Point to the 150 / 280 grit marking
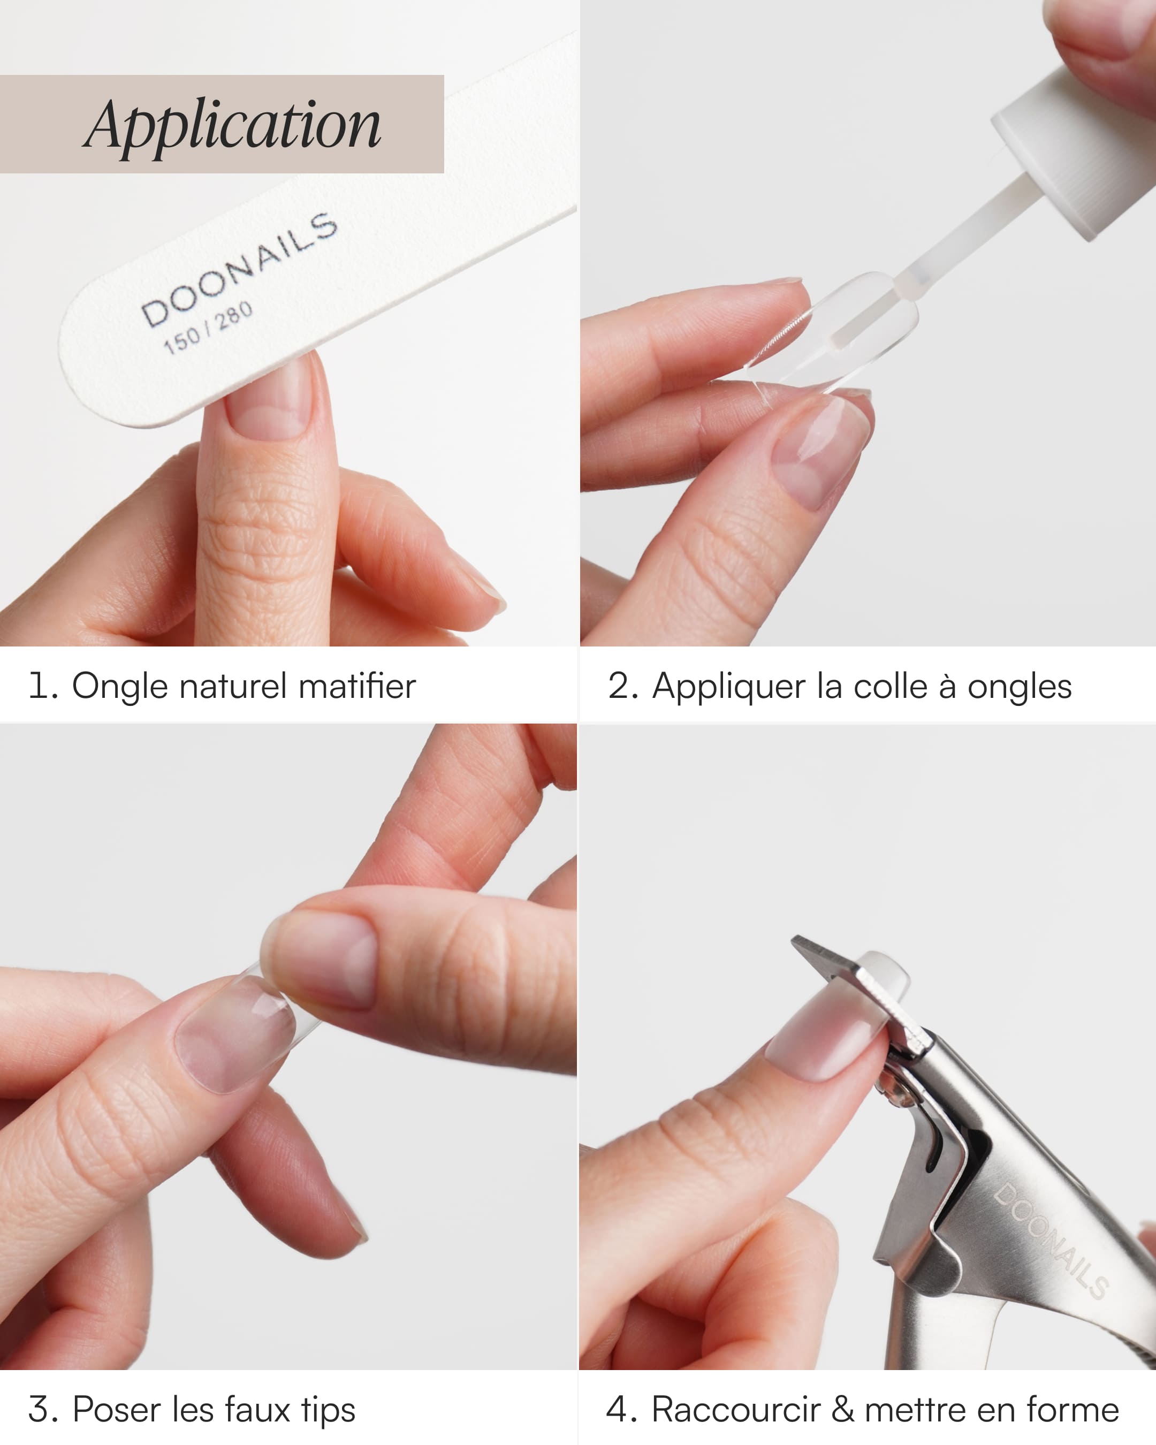click(x=208, y=328)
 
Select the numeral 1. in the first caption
click(x=43, y=686)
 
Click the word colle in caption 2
click(x=890, y=686)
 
